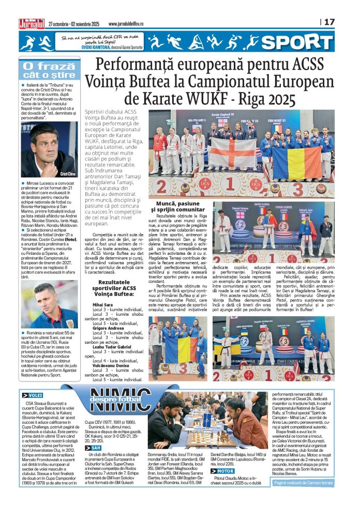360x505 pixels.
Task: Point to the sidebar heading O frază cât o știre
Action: [x=50, y=71]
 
